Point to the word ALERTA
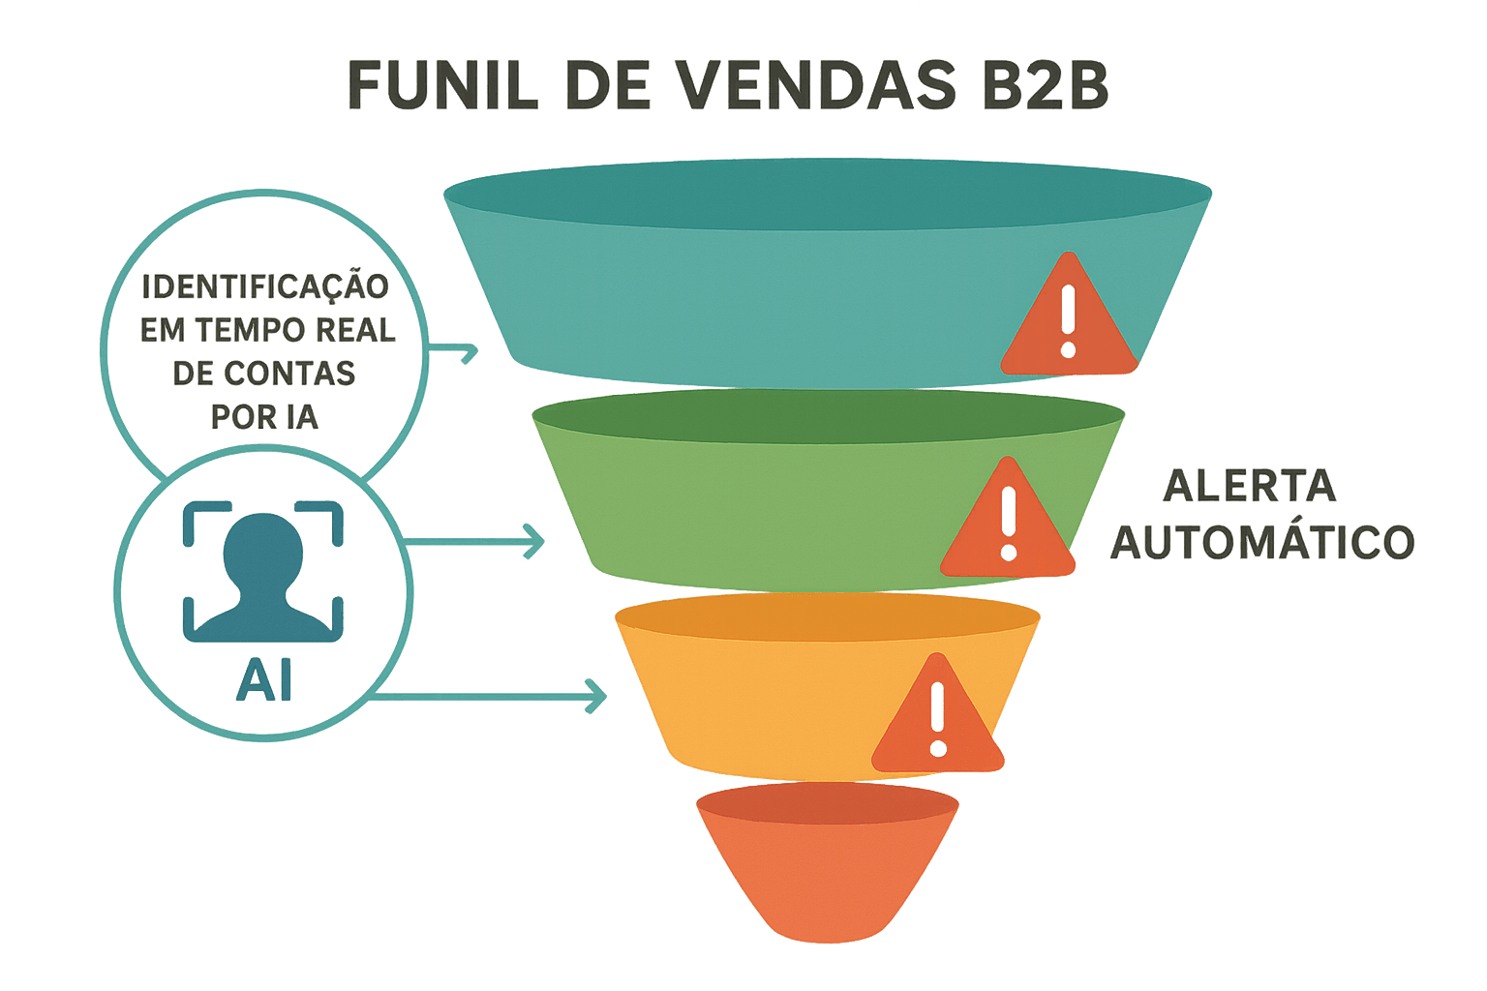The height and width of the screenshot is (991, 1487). point(1249,486)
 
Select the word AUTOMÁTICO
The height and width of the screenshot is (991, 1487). point(1261,542)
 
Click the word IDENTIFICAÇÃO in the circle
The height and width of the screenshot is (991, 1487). point(265,287)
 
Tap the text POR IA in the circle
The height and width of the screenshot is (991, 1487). point(264,416)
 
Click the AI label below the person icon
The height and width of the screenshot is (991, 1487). point(263,683)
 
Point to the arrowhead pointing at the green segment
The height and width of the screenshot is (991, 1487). point(535,541)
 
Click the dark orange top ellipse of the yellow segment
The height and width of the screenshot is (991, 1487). point(828,616)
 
